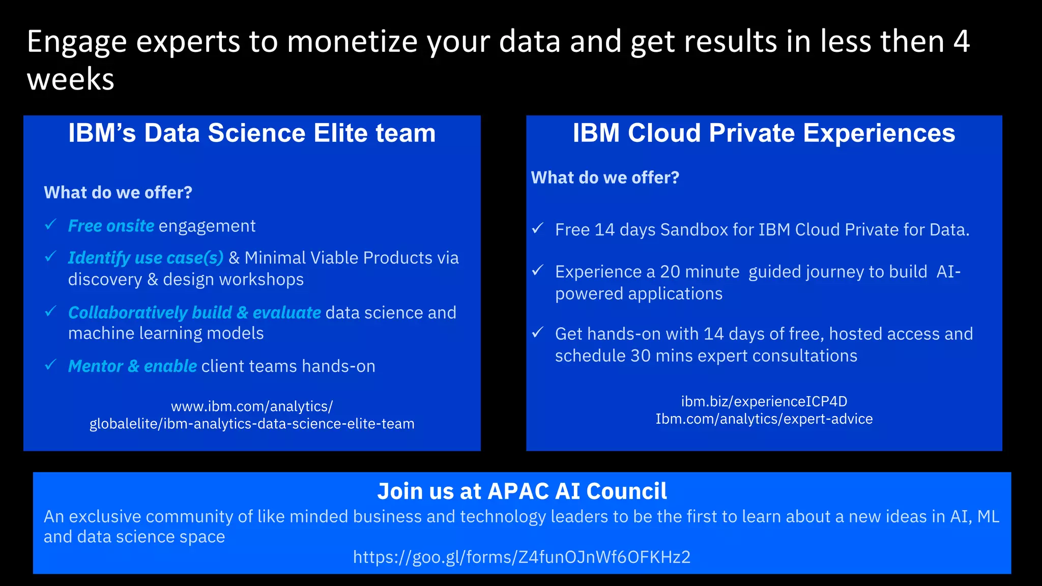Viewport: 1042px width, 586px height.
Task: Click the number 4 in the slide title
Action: pyautogui.click(x=961, y=42)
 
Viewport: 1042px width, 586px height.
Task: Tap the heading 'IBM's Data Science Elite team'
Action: pyautogui.click(x=252, y=133)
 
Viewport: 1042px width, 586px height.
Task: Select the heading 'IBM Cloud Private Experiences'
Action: pyautogui.click(x=764, y=133)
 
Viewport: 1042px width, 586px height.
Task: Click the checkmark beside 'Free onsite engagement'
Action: pyautogui.click(x=50, y=224)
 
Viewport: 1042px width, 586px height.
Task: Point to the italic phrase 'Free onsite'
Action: pyautogui.click(x=111, y=226)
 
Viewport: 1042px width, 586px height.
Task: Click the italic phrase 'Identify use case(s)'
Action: pyautogui.click(x=146, y=258)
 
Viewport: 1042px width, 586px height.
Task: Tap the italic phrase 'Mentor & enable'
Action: pyautogui.click(x=132, y=366)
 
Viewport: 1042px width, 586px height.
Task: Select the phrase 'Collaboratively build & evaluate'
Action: pyautogui.click(x=194, y=312)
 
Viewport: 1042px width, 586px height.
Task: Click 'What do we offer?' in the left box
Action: pyautogui.click(x=118, y=193)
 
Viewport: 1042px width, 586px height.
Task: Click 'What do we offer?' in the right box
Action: pyautogui.click(x=605, y=178)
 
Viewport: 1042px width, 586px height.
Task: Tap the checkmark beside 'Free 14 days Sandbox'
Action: pyautogui.click(x=538, y=228)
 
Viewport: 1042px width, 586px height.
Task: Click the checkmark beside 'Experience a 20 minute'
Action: pyautogui.click(x=538, y=270)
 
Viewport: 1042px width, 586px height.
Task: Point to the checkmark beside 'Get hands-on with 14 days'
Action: pyautogui.click(x=538, y=333)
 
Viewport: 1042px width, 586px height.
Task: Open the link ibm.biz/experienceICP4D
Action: pyautogui.click(x=764, y=401)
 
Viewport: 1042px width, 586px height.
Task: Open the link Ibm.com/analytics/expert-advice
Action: pyautogui.click(x=764, y=419)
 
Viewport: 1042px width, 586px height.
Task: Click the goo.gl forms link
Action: pyautogui.click(x=522, y=557)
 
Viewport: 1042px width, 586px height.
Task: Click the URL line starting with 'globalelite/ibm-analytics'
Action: pyautogui.click(x=252, y=424)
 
